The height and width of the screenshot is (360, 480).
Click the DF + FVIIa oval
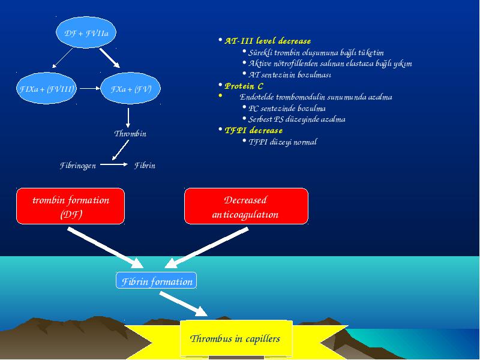coord(86,32)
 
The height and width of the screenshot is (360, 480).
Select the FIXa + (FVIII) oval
coord(46,88)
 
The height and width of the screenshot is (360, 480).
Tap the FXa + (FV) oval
coord(130,88)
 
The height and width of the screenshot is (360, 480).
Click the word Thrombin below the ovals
coord(130,134)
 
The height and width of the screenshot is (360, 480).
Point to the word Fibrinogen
coord(78,166)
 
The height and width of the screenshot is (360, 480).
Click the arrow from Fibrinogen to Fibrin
coord(114,164)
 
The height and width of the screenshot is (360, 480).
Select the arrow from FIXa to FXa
coord(90,88)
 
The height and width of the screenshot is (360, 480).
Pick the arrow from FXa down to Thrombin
coord(128,118)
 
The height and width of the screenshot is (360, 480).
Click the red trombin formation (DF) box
coord(70,206)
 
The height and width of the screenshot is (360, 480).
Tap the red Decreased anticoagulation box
coord(246,206)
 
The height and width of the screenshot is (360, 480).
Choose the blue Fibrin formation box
coord(156,280)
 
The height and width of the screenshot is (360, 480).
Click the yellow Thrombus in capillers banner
coord(236,339)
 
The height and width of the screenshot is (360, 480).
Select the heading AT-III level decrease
coord(268,41)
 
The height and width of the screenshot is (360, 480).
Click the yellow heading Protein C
coord(244,86)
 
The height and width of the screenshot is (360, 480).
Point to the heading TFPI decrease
coord(253,131)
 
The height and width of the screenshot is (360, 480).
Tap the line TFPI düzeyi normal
coord(283,142)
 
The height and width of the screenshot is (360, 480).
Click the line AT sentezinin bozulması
coord(290,74)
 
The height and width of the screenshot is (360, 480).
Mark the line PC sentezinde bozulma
coord(287,109)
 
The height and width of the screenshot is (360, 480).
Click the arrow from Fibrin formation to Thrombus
coord(184,304)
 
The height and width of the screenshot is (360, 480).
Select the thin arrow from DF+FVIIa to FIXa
coord(63,58)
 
